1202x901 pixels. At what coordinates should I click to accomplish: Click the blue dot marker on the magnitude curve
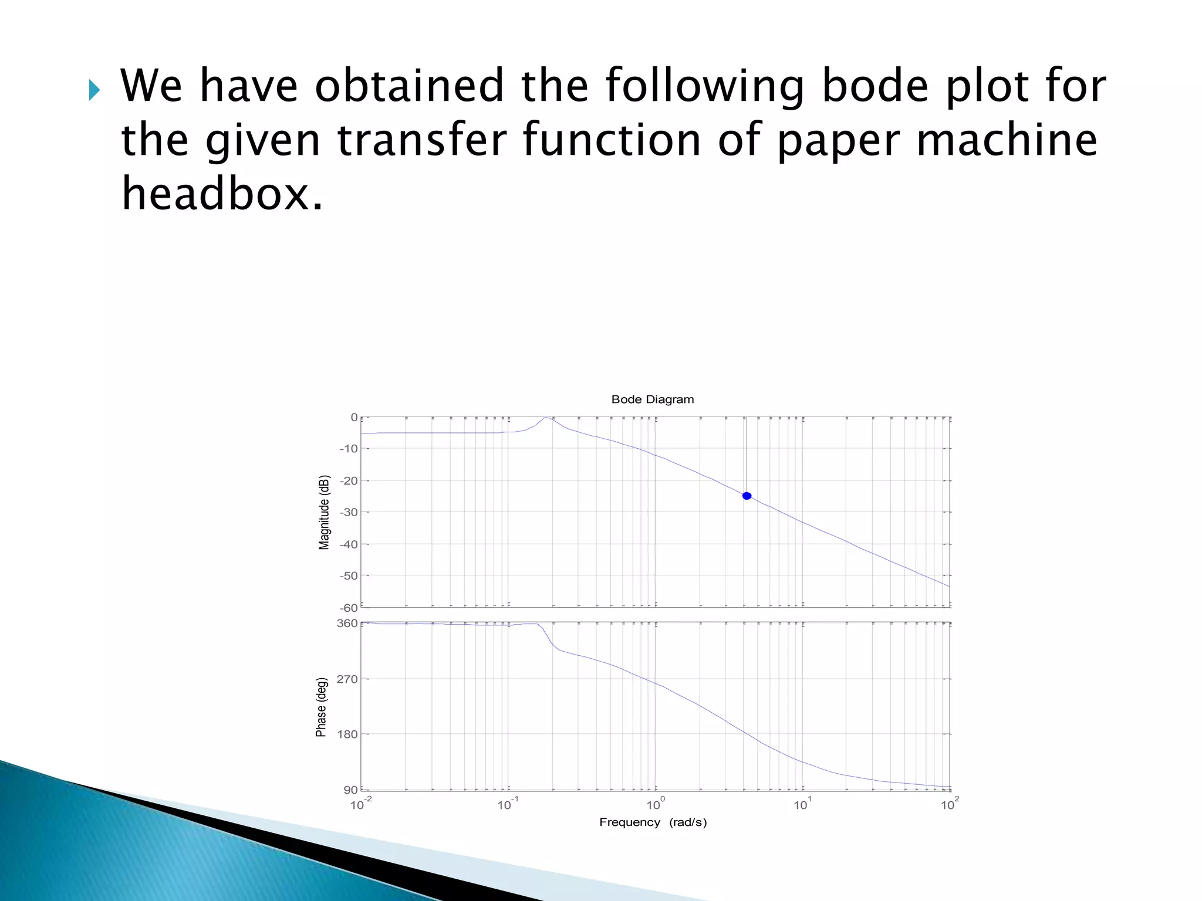747,496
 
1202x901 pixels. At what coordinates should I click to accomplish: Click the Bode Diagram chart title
652,399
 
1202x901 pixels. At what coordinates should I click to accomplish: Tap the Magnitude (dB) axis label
324,512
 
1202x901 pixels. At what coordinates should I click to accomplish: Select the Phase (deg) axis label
321,707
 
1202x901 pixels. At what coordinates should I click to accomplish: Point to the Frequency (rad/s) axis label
653,822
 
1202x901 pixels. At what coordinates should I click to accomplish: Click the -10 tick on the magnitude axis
348,449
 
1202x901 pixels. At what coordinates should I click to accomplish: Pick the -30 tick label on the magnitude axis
348,512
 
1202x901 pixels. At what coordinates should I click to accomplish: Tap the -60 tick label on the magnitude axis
348,608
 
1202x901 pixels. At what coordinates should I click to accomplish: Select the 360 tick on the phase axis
347,623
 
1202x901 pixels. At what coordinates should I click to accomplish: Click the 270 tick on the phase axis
347,679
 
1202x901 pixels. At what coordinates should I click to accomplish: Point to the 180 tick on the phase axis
347,734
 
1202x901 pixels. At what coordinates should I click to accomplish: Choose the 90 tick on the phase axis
350,790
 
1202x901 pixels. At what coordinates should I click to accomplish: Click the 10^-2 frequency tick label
360,804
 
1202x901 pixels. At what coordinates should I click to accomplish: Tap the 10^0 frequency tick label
655,804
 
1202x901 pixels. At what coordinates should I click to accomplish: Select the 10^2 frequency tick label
949,804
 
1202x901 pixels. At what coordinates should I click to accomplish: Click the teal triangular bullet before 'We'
94,90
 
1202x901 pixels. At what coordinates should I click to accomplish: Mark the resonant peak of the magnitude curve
546,418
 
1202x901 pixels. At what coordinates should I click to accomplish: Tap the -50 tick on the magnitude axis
348,576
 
